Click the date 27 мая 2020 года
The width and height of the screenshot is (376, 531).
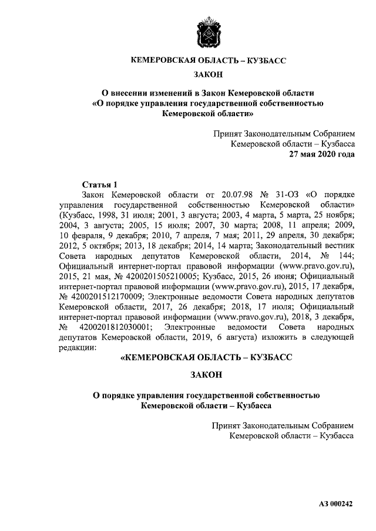click(x=320, y=155)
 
